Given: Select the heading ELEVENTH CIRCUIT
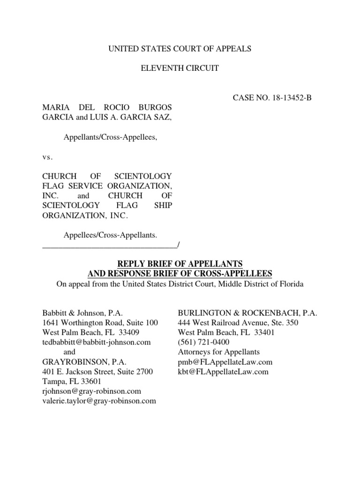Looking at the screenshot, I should click(x=180, y=68).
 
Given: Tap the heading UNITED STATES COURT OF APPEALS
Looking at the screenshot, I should click(x=180, y=48).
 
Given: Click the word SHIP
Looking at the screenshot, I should click(x=162, y=205).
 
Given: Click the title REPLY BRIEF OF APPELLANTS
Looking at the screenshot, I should click(x=180, y=263).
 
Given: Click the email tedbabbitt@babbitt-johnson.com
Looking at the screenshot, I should click(x=97, y=342).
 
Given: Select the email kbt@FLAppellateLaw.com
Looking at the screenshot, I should click(x=223, y=372).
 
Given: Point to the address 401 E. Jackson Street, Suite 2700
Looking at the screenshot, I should click(x=97, y=372).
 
